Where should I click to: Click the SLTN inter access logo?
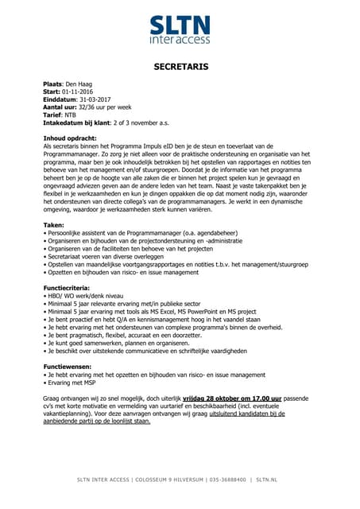tap(180, 27)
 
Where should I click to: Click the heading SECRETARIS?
tap(180, 68)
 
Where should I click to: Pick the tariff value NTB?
tap(71, 115)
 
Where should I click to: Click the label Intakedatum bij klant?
tap(79, 123)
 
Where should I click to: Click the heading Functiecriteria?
tap(68, 286)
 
